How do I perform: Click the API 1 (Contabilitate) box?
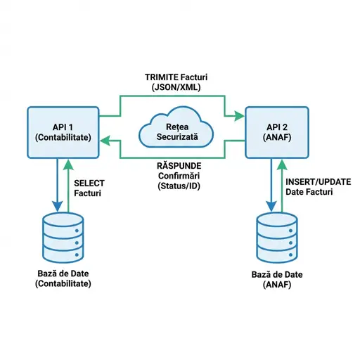[62, 132]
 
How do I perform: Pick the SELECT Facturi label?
[89, 186]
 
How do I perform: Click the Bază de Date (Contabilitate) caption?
[62, 278]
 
